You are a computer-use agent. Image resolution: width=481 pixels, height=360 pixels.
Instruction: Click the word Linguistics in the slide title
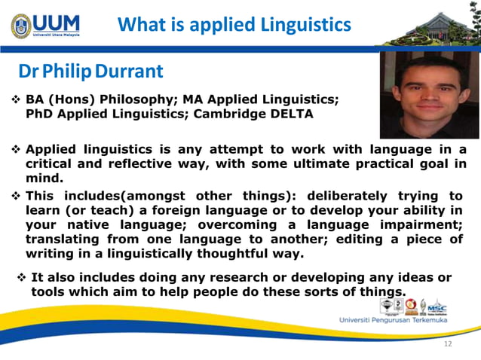coord(301,25)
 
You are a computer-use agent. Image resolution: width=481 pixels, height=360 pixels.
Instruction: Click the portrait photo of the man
coord(429,94)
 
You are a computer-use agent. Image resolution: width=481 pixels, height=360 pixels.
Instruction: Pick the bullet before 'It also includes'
coord(21,277)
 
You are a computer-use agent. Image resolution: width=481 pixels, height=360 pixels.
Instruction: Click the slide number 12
coord(448,344)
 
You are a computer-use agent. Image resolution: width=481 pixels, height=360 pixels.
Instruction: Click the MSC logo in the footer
coord(437,307)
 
